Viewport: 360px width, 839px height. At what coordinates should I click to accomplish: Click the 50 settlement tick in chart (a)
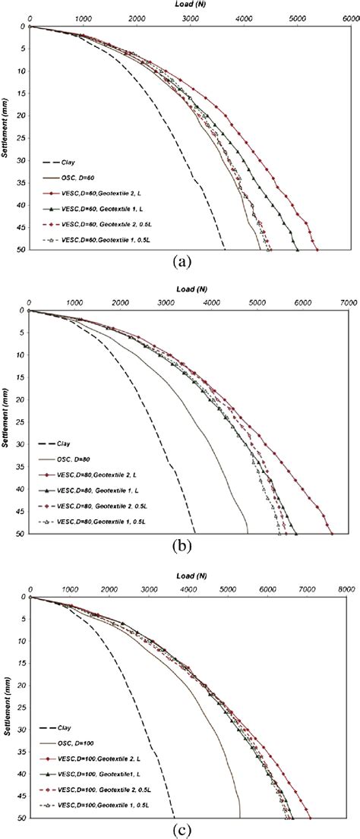(21, 249)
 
